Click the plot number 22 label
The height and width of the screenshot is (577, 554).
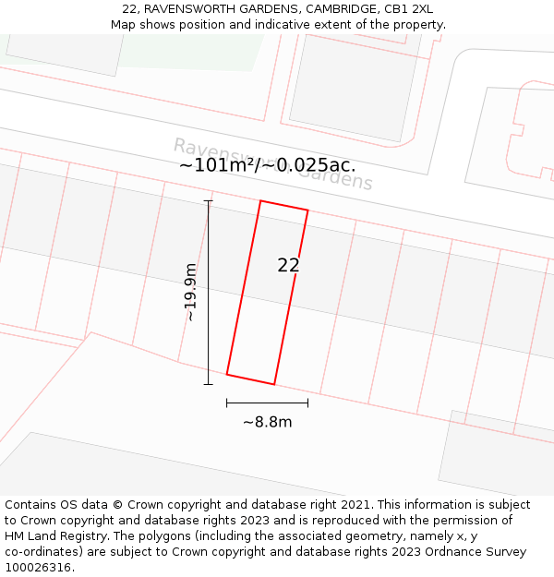[288, 265]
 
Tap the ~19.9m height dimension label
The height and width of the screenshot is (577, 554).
[190, 293]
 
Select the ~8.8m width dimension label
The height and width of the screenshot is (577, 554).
[267, 422]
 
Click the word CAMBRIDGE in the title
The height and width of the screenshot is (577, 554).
[331, 9]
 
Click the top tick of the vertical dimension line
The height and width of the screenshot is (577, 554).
[208, 200]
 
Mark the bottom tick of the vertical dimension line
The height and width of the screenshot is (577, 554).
[208, 384]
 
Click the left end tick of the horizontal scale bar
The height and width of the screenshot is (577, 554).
[226, 403]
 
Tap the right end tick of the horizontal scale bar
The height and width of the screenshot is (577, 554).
[307, 403]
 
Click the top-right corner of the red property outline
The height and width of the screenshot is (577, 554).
[307, 210]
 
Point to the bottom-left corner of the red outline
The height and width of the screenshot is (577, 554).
[226, 375]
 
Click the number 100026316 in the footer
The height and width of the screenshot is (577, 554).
[38, 567]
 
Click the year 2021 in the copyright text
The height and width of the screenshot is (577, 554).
[355, 504]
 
